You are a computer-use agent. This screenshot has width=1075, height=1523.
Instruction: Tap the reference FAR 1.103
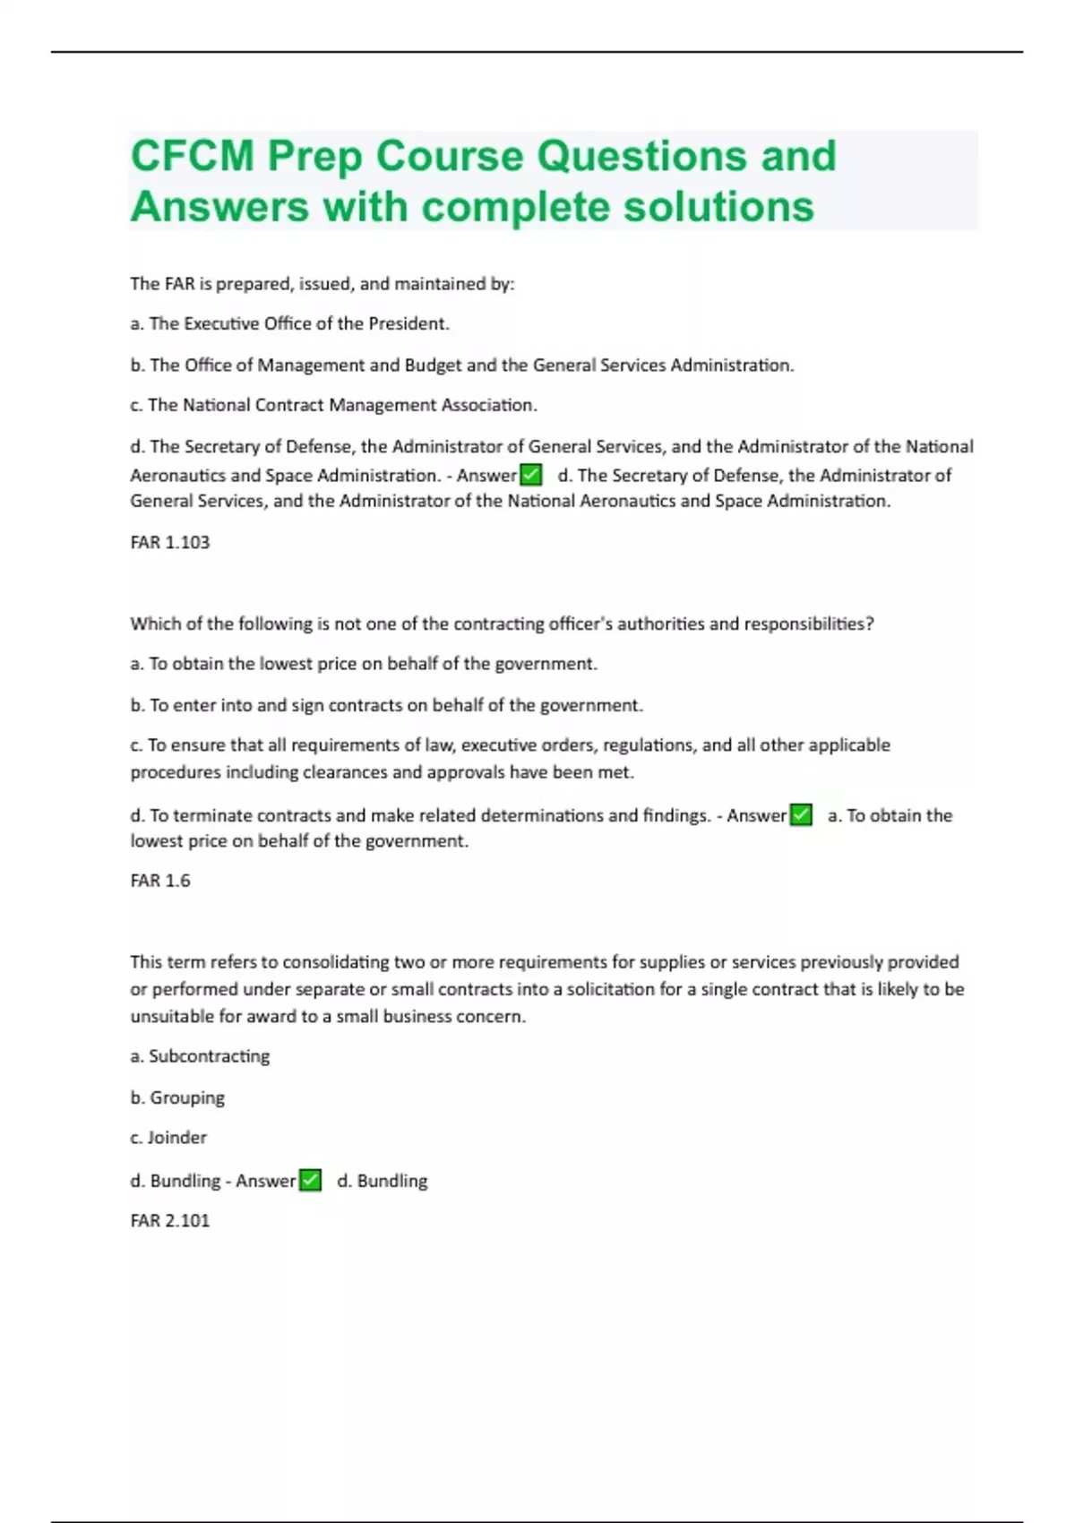click(x=169, y=542)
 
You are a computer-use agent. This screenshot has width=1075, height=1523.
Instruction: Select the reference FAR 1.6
click(x=160, y=881)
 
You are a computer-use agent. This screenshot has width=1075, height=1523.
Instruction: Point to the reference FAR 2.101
click(x=169, y=1220)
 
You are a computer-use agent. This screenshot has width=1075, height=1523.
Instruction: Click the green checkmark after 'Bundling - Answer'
click(x=310, y=1180)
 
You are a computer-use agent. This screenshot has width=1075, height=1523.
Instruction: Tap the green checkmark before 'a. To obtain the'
click(x=801, y=814)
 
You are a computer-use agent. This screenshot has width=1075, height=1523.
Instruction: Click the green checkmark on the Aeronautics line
click(x=531, y=474)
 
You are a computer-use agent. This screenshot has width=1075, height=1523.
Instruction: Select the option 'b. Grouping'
click(x=177, y=1097)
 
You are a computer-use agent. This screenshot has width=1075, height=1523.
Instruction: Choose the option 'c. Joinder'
click(x=168, y=1138)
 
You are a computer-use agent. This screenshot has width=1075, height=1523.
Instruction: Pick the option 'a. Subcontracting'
click(x=200, y=1056)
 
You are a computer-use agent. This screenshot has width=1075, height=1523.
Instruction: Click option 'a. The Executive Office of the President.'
click(x=289, y=323)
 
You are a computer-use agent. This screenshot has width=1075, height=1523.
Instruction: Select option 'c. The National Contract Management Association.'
click(x=333, y=405)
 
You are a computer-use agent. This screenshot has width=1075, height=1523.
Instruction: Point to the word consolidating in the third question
click(x=336, y=962)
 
